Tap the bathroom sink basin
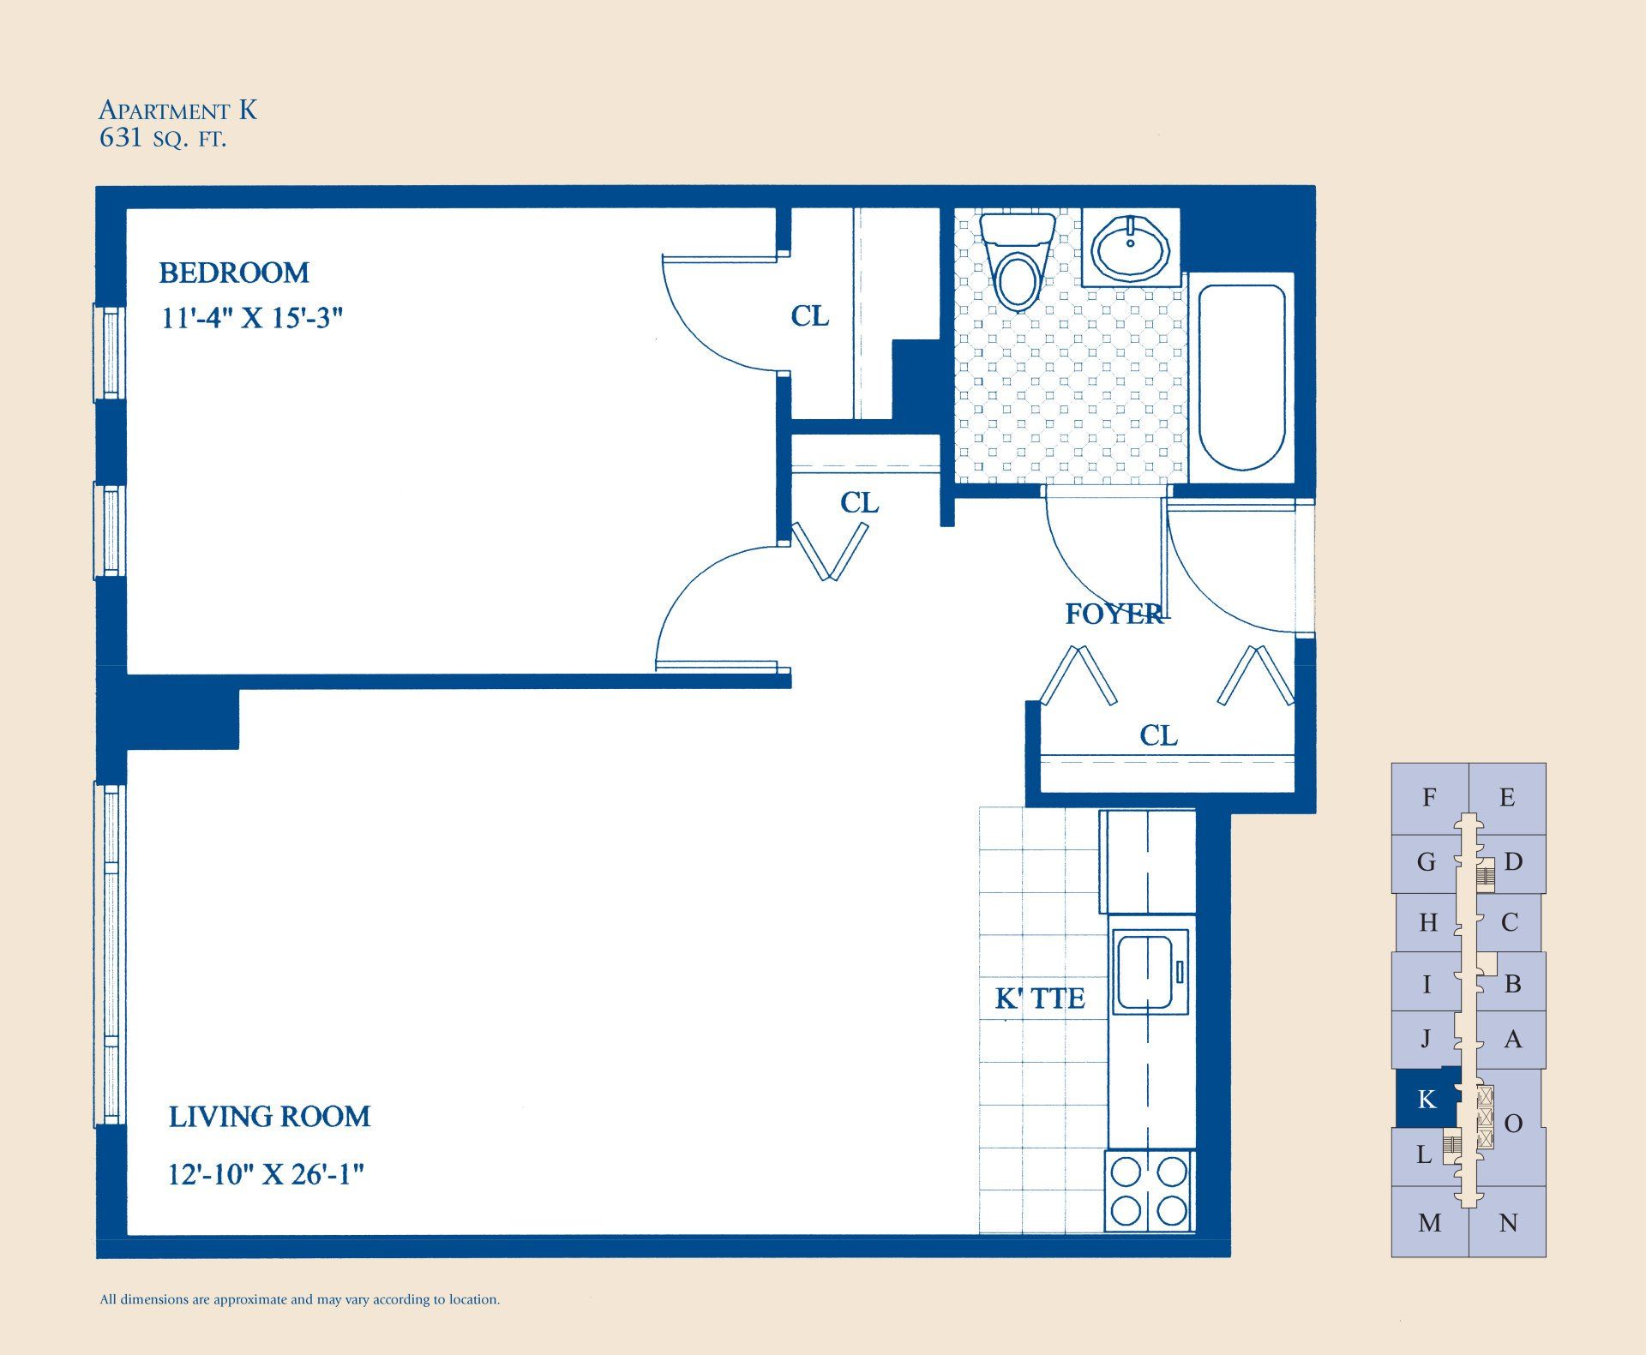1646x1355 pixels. (x=1131, y=248)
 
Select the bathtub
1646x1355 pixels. (x=1241, y=377)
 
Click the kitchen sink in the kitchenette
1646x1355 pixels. (x=1149, y=973)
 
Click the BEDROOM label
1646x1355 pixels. (x=234, y=273)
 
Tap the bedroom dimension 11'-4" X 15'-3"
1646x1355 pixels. (x=252, y=319)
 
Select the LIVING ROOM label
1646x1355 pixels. (x=269, y=1117)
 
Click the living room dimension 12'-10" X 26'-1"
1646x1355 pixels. (x=266, y=1174)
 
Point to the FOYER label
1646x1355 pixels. (x=1113, y=614)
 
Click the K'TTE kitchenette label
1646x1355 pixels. (x=1040, y=998)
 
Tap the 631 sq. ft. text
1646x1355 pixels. (x=163, y=139)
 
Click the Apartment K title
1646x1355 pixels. (x=177, y=111)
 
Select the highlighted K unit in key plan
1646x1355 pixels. (x=1425, y=1099)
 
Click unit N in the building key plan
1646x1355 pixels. (x=1508, y=1223)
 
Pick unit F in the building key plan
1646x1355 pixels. (x=1428, y=798)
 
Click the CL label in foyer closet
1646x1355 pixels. (x=1158, y=735)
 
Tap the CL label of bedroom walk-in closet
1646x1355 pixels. (x=809, y=316)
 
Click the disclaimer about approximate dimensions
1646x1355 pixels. (x=300, y=1299)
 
